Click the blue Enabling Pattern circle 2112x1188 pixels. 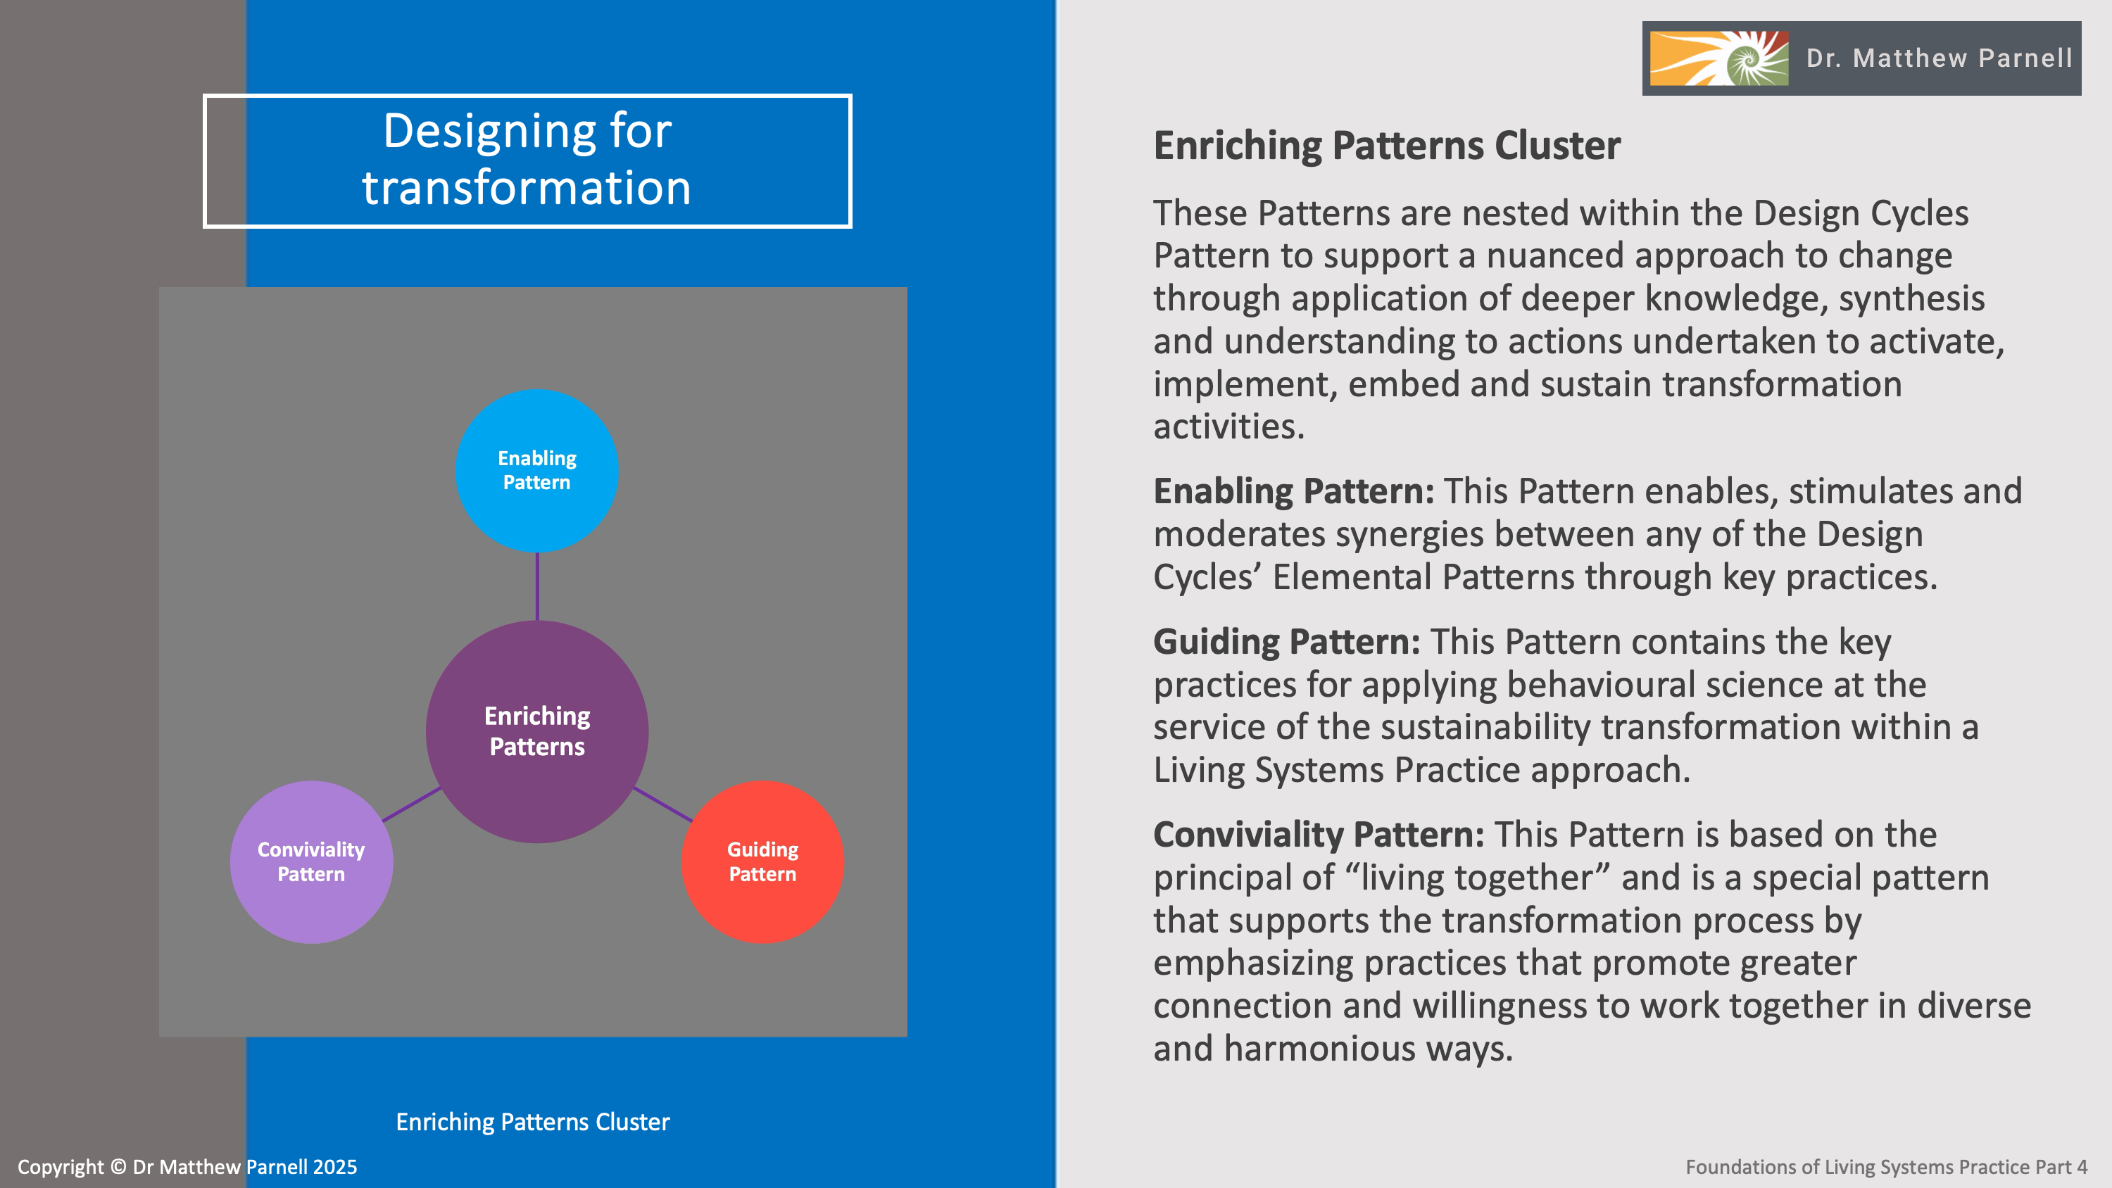[536, 471]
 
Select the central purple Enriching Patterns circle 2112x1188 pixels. [537, 731]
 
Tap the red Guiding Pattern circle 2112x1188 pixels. [762, 861]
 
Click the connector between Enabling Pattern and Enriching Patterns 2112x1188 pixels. [537, 586]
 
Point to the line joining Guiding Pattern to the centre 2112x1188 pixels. [663, 804]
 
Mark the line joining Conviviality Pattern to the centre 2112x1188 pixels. [412, 804]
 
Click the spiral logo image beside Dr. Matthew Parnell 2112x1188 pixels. [1718, 58]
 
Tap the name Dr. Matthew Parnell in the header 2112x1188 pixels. [1939, 58]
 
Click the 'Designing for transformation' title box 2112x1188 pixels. [527, 160]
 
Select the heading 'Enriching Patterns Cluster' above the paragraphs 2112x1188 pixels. [1386, 146]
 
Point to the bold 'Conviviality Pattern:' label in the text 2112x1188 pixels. [1319, 835]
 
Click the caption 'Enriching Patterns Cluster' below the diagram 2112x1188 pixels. [532, 1122]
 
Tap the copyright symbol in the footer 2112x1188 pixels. [118, 1167]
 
